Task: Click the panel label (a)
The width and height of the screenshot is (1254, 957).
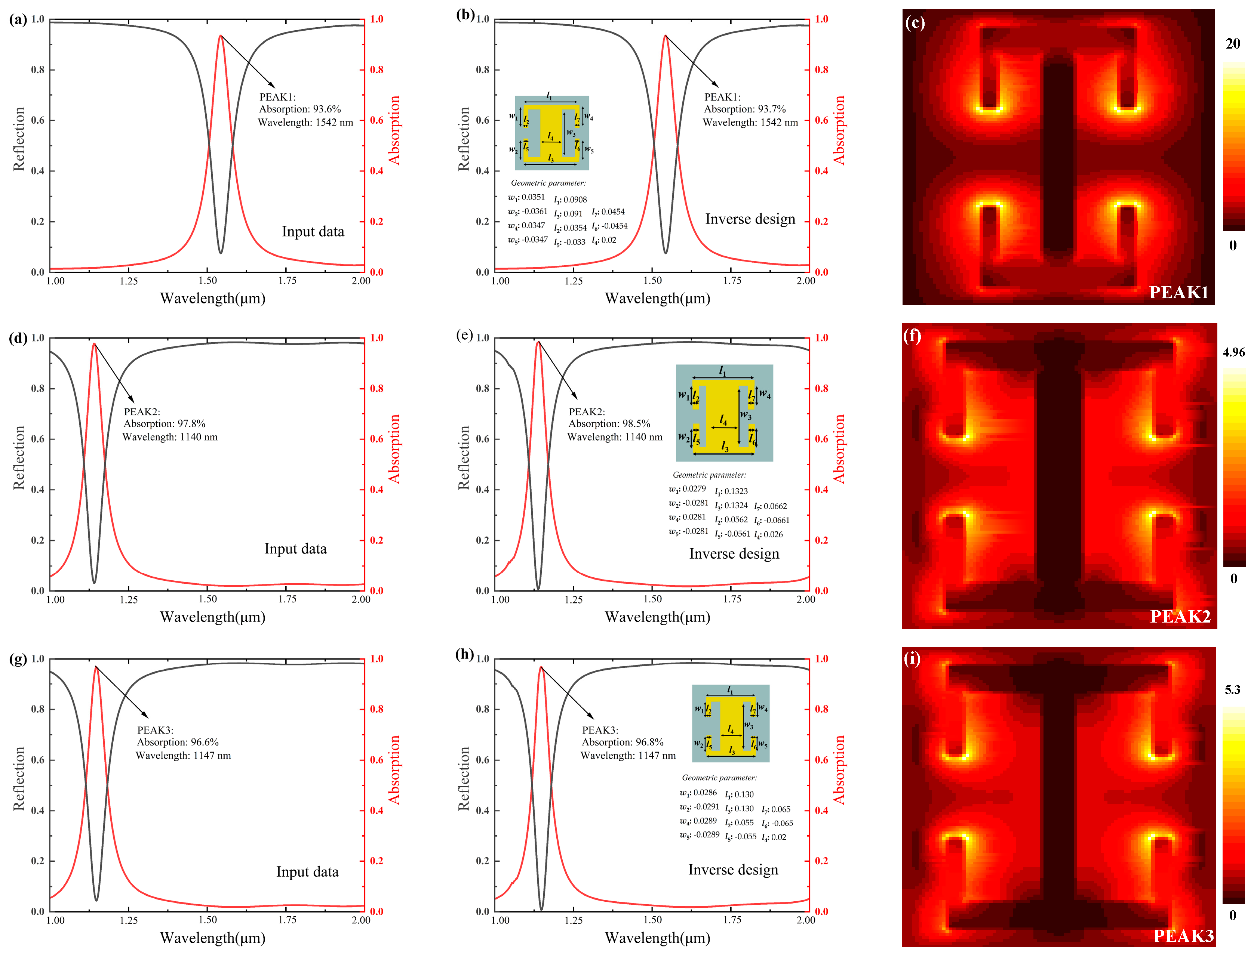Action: pyautogui.click(x=18, y=20)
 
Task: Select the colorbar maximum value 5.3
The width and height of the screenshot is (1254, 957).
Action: pyautogui.click(x=1232, y=690)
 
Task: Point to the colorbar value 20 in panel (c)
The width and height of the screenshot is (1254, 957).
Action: pyautogui.click(x=1232, y=44)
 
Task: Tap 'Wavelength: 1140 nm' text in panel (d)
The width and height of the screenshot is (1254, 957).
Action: pyautogui.click(x=170, y=437)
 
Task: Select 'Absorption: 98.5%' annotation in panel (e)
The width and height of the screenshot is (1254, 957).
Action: pyautogui.click(x=609, y=424)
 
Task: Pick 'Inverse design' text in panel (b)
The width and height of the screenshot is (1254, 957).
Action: pyautogui.click(x=750, y=219)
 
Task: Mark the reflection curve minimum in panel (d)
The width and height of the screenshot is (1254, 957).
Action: pyautogui.click(x=94, y=582)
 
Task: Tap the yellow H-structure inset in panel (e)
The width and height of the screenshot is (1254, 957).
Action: pyautogui.click(x=724, y=413)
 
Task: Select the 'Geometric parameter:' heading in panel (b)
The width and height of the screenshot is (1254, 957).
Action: pyautogui.click(x=548, y=183)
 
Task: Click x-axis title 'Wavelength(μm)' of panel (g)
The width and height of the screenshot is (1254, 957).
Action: pyautogui.click(x=213, y=938)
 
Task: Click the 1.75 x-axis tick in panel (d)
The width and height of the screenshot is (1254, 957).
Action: pyautogui.click(x=287, y=599)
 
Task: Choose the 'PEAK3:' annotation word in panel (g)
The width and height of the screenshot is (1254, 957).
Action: pyautogui.click(x=155, y=730)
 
